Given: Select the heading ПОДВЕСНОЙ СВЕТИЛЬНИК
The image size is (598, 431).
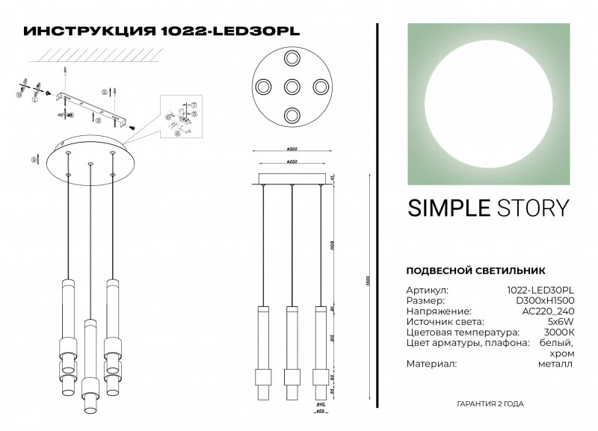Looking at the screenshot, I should pyautogui.click(x=475, y=270).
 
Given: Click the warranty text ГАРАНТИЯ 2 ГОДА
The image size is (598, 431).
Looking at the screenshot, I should pyautogui.click(x=490, y=403).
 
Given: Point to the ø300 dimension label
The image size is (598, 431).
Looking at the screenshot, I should pyautogui.click(x=292, y=149).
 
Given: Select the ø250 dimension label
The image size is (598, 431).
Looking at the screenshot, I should pyautogui.click(x=292, y=161).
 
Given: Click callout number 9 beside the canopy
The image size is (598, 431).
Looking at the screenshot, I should pyautogui.click(x=33, y=158).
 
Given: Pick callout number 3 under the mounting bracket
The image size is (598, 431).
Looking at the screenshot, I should pyautogui.click(x=99, y=120).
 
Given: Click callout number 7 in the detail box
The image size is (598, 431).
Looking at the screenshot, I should pyautogui.click(x=193, y=105).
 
